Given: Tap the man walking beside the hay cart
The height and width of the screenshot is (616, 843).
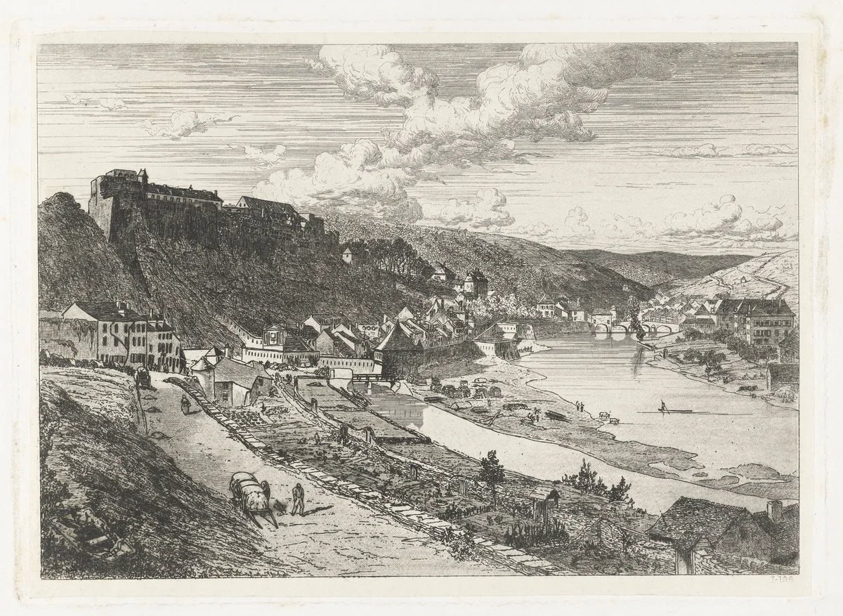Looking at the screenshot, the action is pos(299,498).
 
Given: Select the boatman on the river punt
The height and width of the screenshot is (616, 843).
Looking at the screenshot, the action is pos(662,405).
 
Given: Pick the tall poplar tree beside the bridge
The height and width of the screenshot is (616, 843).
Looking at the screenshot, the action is pos(636,320).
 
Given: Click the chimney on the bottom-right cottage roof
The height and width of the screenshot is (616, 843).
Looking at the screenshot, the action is pos(775,511).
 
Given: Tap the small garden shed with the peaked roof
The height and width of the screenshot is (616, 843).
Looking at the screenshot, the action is pos(544,503).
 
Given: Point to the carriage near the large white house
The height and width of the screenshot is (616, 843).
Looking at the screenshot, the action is pos(143,377).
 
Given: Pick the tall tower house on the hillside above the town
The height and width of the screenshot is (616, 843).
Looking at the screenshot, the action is pos(476,282).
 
